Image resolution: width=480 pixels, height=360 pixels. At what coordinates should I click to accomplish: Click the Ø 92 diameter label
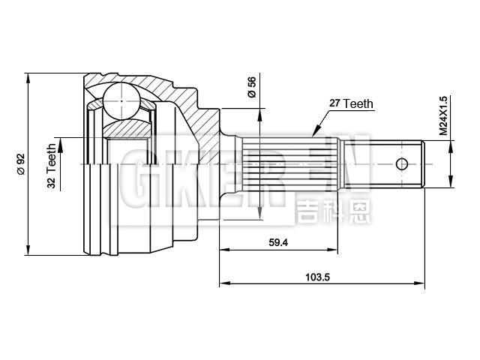pos(21,163)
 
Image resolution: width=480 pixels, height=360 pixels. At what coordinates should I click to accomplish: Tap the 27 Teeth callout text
pos(351,104)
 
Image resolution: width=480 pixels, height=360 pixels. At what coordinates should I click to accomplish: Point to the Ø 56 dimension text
pos(252,89)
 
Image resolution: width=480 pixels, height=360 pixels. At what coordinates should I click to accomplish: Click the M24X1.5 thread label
pos(443,115)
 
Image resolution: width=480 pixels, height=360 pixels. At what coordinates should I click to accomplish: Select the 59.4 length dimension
pos(278,242)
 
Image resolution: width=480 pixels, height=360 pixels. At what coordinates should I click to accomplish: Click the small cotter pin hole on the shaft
pos(402,163)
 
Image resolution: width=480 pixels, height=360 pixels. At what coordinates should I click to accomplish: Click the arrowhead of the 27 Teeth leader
pos(316,127)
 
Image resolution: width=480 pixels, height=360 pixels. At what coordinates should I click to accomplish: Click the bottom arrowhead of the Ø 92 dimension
pos(28,250)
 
